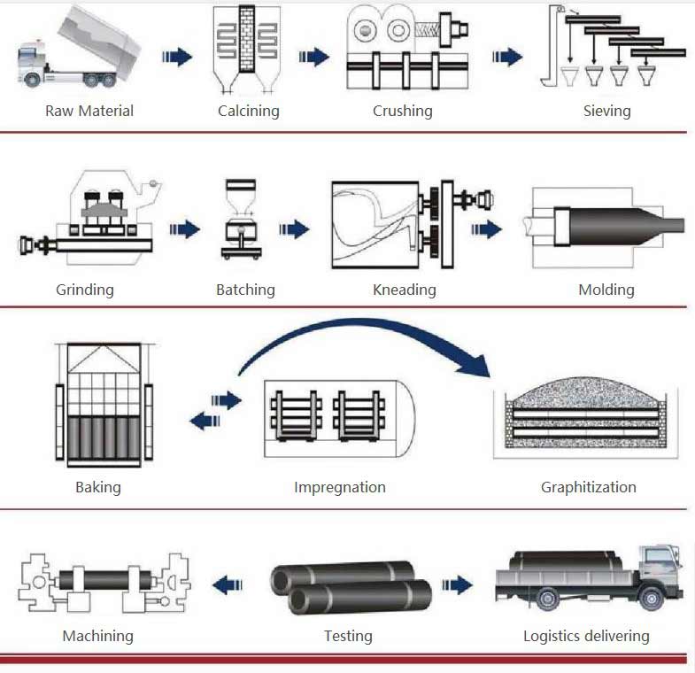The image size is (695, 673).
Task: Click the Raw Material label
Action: point(89,111)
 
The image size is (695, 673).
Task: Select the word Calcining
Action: point(249,111)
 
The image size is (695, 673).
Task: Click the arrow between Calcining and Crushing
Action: point(313,58)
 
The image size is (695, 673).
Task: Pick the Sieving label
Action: point(606,111)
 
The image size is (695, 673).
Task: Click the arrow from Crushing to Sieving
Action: point(506,58)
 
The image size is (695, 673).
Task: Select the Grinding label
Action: point(85,290)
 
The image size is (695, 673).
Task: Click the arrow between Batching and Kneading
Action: point(294,230)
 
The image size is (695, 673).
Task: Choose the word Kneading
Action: point(405,290)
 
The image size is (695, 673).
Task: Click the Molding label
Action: point(606,290)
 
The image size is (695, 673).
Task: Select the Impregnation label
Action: point(340,487)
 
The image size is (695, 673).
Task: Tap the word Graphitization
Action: point(589,487)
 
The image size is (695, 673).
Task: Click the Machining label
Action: point(97,636)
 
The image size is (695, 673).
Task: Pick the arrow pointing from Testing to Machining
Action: point(228,584)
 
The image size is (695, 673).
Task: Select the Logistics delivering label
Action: point(586,636)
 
